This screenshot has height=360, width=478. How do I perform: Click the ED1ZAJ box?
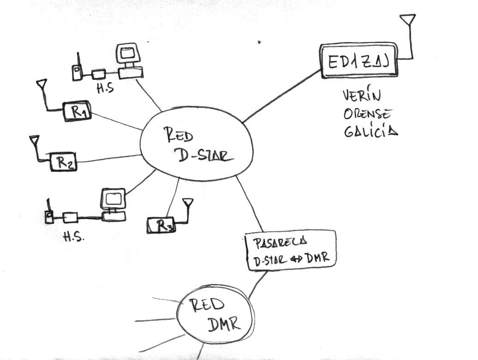358,60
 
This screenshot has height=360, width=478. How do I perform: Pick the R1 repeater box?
77,111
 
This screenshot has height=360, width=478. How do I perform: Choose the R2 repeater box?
63,161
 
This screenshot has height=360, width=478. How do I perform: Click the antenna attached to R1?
42,84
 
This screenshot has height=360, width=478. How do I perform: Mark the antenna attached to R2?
34,139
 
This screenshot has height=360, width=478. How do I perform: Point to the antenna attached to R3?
188,203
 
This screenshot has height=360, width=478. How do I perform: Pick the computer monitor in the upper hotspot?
127,54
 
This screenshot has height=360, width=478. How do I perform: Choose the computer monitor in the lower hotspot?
113,198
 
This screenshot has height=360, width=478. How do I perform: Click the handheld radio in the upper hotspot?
77,71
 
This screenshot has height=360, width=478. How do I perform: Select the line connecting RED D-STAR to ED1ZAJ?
281,96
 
